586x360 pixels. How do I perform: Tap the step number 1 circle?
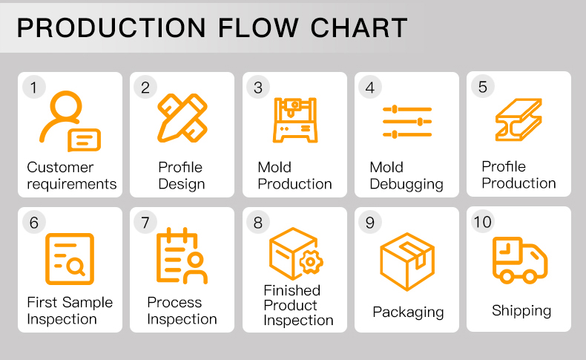coord(33,87)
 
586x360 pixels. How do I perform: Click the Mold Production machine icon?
coord(294,119)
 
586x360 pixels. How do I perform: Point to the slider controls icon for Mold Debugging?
coord(406,121)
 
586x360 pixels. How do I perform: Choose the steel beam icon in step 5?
coord(518,119)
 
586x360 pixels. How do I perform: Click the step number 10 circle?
coord(482,222)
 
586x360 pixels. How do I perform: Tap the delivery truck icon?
coord(520,261)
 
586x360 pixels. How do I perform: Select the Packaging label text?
coord(408,312)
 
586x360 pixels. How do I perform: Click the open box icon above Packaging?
coord(406,260)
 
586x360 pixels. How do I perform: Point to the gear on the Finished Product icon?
coord(310,261)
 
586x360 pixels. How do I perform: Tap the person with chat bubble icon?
coord(69,121)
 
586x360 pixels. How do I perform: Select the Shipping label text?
coord(521,310)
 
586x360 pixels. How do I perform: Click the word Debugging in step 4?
coord(406,184)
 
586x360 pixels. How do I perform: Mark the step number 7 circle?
coord(145,222)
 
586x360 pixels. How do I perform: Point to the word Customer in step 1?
coord(60,167)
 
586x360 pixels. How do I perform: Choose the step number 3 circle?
coord(257,87)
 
